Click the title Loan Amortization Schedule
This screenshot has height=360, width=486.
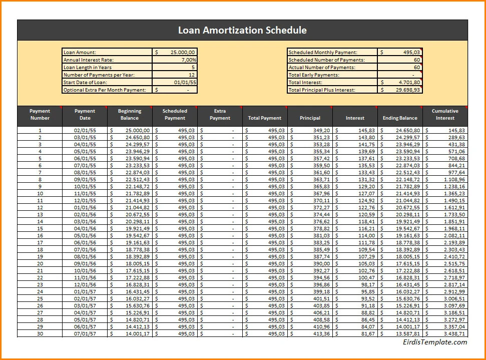(242, 30)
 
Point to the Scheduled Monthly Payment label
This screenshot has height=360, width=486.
(323, 52)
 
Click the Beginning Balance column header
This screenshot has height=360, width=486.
(130, 115)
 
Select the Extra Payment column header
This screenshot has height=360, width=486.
(220, 115)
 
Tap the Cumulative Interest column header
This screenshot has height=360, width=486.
(445, 115)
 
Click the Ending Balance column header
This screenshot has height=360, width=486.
(400, 118)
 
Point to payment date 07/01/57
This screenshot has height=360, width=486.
(85, 333)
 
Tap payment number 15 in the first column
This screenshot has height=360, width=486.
(40, 228)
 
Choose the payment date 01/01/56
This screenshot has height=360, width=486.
(85, 207)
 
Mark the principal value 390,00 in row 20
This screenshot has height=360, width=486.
(321, 263)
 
